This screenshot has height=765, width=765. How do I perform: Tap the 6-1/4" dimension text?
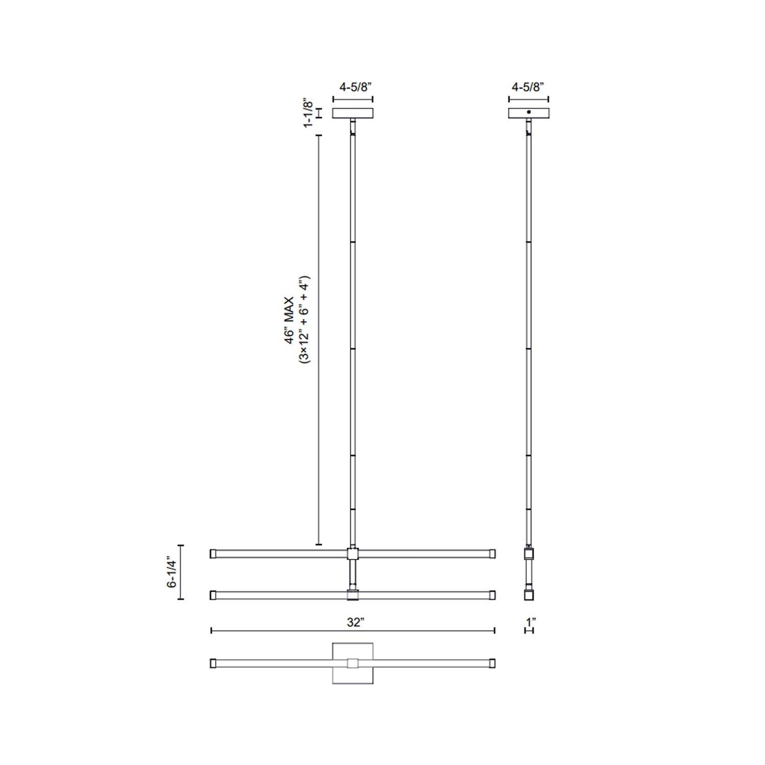172,573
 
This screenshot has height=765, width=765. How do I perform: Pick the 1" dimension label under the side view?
530,622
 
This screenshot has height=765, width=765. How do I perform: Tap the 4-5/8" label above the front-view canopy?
353,88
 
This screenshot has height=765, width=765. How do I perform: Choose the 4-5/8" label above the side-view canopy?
529,88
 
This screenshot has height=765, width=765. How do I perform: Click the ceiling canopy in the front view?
353,113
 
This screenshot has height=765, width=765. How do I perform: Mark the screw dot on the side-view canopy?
529,111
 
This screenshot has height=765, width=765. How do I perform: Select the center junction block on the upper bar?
353,553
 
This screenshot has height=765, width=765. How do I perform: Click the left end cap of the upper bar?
213,553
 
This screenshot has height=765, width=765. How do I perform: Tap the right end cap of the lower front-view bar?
492,595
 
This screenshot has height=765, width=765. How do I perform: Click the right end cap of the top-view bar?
492,663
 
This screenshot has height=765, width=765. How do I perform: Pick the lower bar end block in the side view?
529,595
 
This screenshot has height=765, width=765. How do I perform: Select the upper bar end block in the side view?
529,554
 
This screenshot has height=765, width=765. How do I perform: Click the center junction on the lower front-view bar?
353,595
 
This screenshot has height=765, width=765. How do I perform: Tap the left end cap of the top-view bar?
213,663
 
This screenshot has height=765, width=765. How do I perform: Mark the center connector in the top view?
353,663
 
